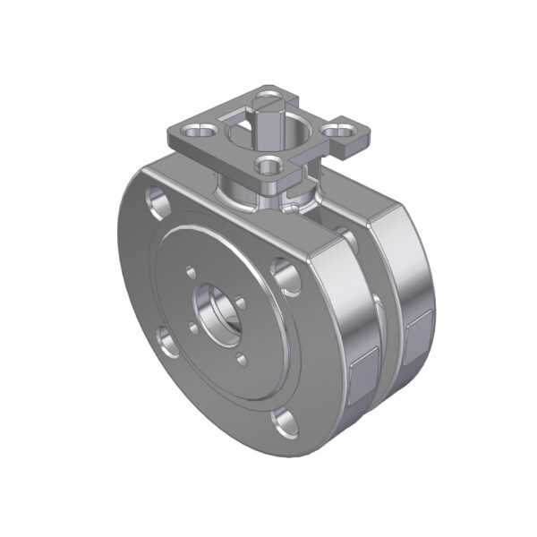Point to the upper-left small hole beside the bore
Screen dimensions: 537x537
tap(192, 268)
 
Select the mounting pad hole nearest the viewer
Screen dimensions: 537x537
tap(266, 165)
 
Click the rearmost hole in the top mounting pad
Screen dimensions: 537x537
tap(270, 93)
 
